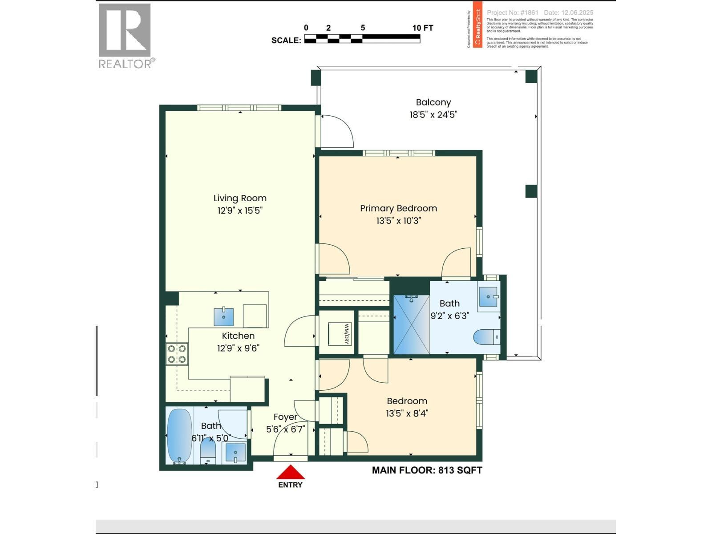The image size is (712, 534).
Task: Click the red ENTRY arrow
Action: [290, 473]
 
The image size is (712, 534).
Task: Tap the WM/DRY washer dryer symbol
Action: [340, 334]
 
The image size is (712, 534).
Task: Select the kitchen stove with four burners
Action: [177, 354]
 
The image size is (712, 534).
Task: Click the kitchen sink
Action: [224, 316]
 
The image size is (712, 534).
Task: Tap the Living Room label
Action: [240, 198]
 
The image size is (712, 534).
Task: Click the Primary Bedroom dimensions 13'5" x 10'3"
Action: [398, 221]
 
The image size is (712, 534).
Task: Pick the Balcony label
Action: [433, 102]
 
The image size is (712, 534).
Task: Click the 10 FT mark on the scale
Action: [422, 28]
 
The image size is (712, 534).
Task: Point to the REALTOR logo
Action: [125, 36]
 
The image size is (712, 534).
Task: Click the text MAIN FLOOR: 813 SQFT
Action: [427, 470]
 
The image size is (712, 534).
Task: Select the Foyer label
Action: [285, 417]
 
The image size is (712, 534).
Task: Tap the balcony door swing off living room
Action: [336, 132]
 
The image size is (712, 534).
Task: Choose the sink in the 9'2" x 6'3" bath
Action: [488, 296]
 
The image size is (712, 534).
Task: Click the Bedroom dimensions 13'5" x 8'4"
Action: [407, 413]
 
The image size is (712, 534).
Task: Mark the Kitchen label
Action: [238, 336]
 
